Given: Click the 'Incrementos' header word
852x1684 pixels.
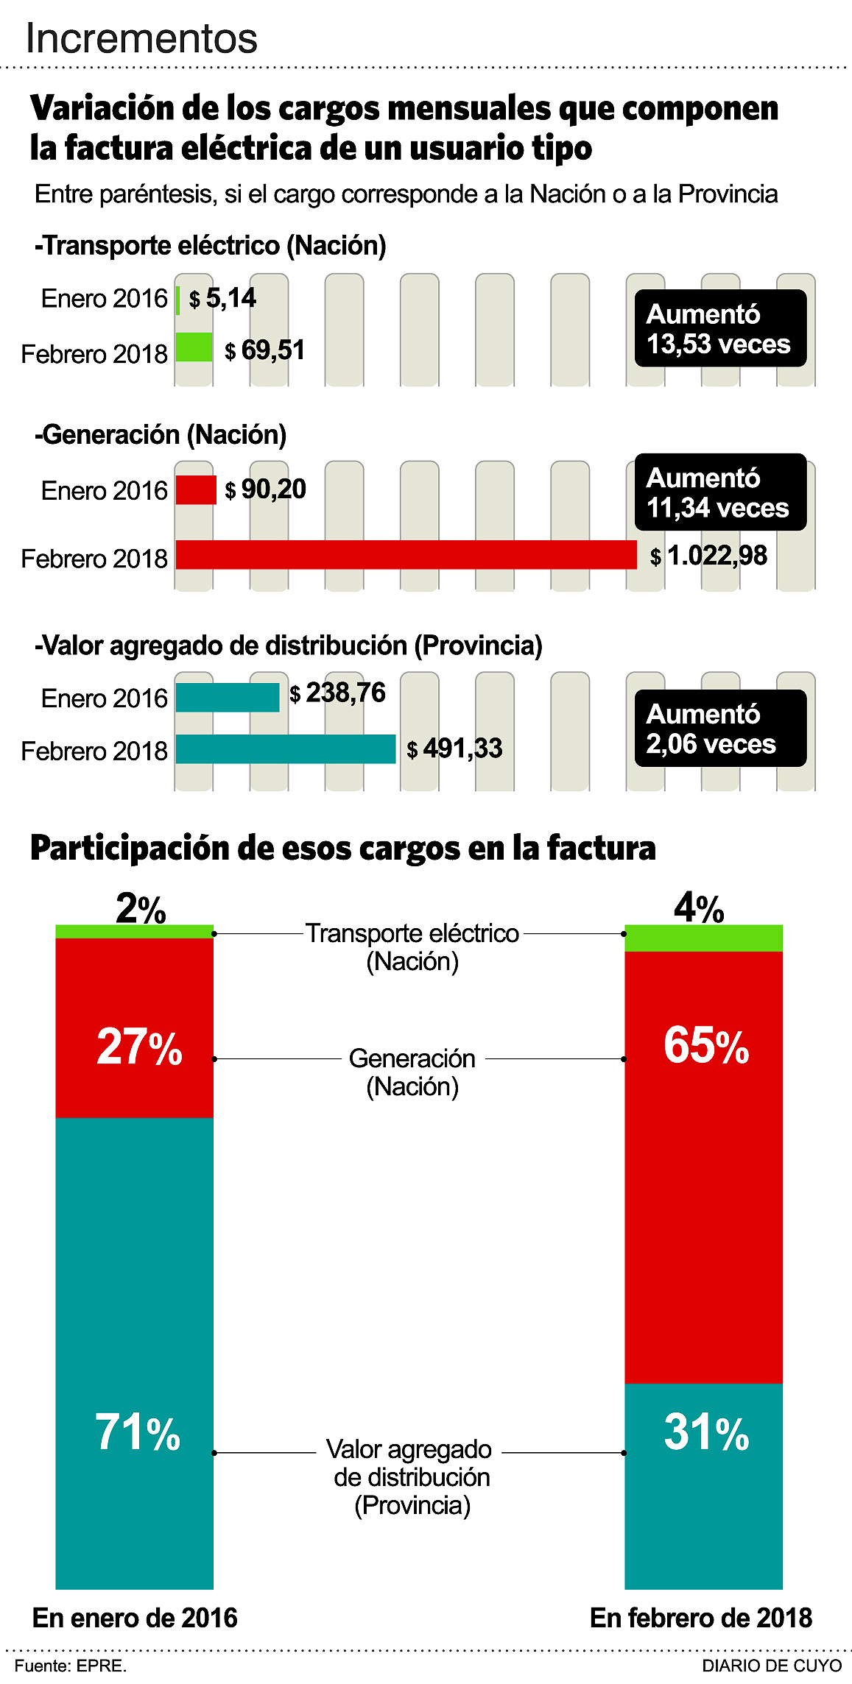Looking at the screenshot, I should tap(141, 38).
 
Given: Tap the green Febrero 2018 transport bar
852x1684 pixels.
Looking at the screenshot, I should tap(194, 347).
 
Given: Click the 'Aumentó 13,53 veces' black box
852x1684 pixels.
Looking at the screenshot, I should tap(720, 328).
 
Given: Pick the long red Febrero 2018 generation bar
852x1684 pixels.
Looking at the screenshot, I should tap(406, 555).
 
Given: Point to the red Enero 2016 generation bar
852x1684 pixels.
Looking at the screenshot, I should tap(196, 490).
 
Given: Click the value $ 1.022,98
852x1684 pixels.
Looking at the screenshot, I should tap(708, 556).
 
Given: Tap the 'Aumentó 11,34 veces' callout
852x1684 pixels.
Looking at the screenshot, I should tap(720, 492).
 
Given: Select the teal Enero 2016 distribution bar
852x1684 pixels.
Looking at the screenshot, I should tap(228, 698).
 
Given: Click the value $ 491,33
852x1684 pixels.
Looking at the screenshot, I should tap(454, 749).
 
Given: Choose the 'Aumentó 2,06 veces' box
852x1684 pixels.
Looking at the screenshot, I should tap(720, 729).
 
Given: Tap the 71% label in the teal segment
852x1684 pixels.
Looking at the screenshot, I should tap(138, 1432).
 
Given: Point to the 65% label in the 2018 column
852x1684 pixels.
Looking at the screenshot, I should tap(706, 1045).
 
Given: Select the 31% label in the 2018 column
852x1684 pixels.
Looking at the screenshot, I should tap(706, 1432).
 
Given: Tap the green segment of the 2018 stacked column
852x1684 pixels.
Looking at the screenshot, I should tap(703, 938).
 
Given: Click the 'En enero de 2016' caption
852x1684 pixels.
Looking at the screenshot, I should tap(135, 1618).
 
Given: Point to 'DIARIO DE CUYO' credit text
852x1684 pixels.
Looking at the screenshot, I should tap(771, 1666).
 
